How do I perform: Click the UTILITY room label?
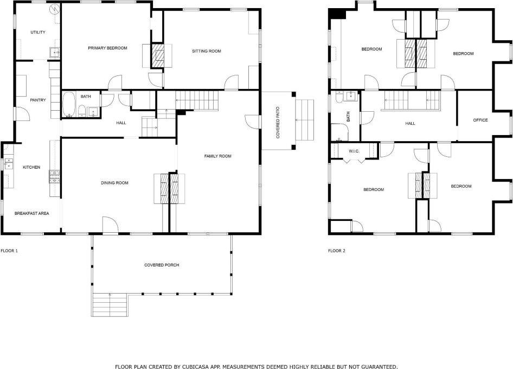[38, 33]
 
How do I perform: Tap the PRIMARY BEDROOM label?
[107, 48]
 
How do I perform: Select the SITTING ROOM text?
[206, 52]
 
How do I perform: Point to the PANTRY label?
[38, 100]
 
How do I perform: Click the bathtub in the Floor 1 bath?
[69, 105]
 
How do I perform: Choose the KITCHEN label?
[31, 167]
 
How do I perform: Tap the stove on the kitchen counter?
[55, 175]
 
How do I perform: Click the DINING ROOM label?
[114, 183]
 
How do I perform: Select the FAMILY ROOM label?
[217, 156]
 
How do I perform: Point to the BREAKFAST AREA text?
[31, 213]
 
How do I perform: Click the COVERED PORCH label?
[162, 265]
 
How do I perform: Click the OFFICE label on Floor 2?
[480, 120]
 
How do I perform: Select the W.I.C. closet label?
[355, 151]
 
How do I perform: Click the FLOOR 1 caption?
[9, 251]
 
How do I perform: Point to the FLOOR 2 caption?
[336, 251]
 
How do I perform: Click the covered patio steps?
[305, 119]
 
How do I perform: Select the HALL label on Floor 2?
[410, 124]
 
